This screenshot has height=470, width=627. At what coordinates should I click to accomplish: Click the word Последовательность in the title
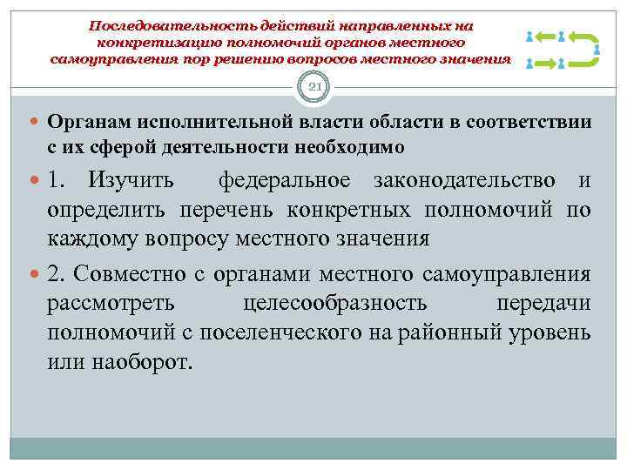point(161,26)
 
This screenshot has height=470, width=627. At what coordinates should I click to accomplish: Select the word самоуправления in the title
point(108,59)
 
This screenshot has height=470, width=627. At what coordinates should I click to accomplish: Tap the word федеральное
point(286,180)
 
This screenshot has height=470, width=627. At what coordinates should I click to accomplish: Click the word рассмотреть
point(111,303)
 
